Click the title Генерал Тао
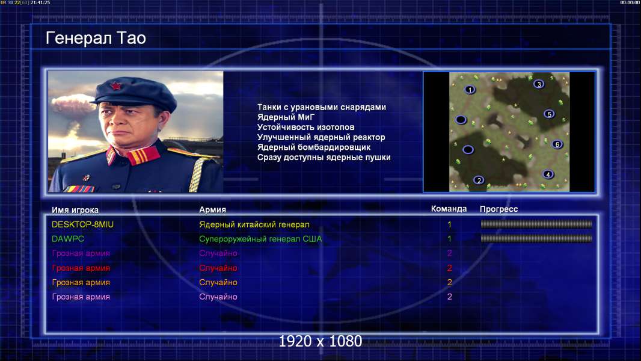point(96,38)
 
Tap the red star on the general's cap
point(116,86)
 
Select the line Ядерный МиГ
point(286,117)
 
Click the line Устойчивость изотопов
point(306,127)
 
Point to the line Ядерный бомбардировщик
point(314,147)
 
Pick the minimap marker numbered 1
point(470,90)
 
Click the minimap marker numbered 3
point(539,84)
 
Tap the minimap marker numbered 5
point(549,114)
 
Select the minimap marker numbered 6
point(557,144)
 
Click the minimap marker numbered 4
point(548,174)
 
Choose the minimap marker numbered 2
point(479,180)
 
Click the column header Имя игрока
point(75,210)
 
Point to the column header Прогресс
point(498,209)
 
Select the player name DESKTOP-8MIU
point(82,224)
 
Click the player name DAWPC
point(68,239)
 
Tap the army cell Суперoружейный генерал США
point(260,239)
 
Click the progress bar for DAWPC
point(536,238)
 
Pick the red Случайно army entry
point(218,268)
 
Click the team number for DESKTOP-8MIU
point(449,224)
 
